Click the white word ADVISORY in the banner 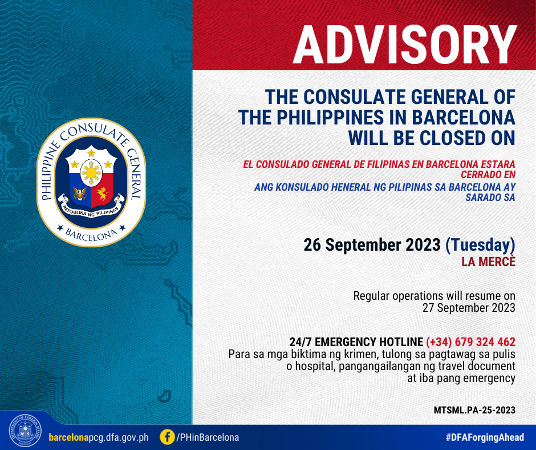coord(404,45)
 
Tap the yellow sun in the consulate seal coord(91,173)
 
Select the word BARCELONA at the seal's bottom coord(91,235)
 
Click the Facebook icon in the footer coord(167,437)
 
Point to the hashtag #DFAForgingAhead coord(485,437)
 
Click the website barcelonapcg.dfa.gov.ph coord(99,437)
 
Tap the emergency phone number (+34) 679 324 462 coord(470,341)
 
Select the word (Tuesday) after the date coord(480,245)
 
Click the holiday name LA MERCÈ coord(489,262)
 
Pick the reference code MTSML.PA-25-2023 coord(474,410)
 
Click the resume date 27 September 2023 coord(469,308)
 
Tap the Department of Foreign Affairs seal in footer coord(25,431)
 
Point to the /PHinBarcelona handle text coord(207,437)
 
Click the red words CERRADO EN coord(488,175)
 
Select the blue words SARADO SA coord(490,197)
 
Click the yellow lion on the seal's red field coord(102,194)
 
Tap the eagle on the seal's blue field coord(80,194)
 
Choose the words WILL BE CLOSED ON coord(432,138)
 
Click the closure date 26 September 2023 coord(372,245)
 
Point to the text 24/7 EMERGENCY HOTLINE coord(356,341)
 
